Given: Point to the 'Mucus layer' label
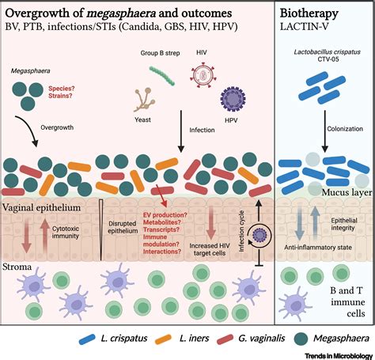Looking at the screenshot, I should coord(335,190).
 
